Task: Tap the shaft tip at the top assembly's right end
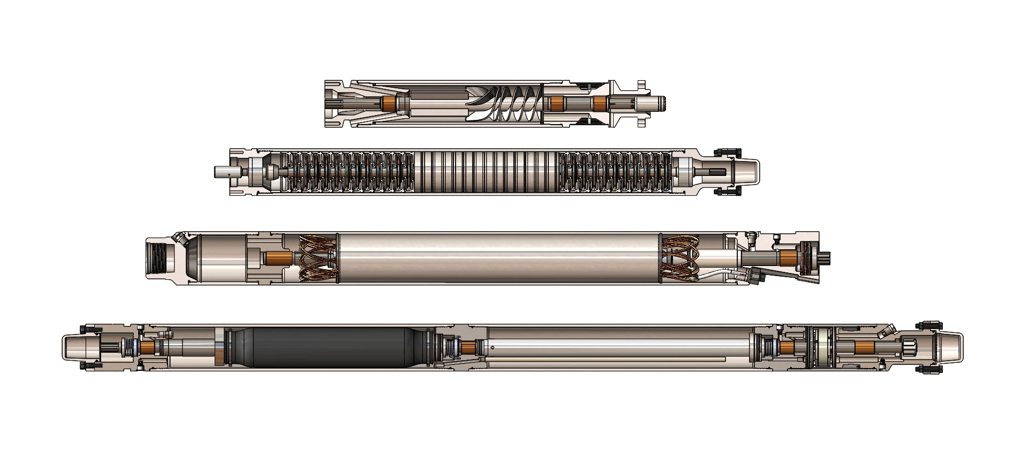point(661,104)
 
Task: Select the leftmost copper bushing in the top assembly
point(389,104)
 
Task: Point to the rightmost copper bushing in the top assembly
point(601,104)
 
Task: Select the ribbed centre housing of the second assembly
point(486,172)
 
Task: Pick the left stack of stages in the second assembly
point(348,172)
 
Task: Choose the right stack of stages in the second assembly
point(614,172)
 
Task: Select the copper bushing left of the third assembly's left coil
point(278,258)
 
